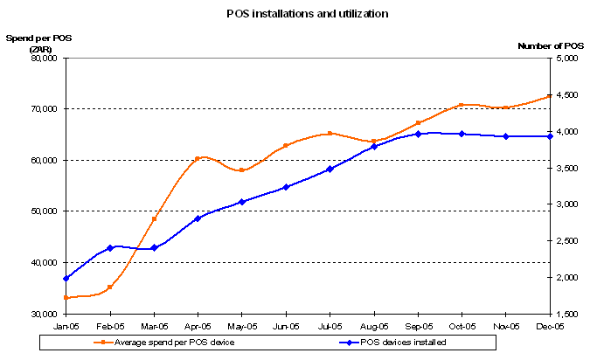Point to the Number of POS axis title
tap(551, 45)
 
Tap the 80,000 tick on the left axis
tap(44, 59)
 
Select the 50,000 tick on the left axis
tap(44, 211)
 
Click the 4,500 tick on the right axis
tap(565, 95)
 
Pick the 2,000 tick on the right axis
tap(565, 278)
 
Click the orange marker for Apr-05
tap(198, 159)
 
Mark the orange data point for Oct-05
tap(462, 106)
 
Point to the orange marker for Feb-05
tap(110, 287)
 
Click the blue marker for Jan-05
tap(66, 278)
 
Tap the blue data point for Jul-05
tap(330, 169)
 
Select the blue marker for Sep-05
tap(418, 134)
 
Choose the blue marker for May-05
tap(242, 202)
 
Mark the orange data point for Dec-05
tap(549, 96)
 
